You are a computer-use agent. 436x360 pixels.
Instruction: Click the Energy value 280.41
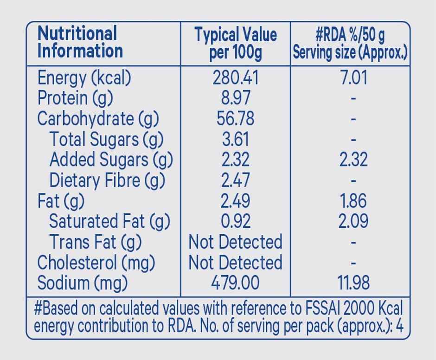click(x=235, y=77)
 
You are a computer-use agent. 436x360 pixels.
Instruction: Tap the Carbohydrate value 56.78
click(x=235, y=119)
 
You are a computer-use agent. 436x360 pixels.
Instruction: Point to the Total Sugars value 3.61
click(x=235, y=139)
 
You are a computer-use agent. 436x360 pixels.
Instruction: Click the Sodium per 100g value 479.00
click(x=235, y=283)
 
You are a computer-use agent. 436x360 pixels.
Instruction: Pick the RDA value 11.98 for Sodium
click(x=353, y=283)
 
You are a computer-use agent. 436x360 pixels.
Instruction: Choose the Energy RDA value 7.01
click(x=353, y=77)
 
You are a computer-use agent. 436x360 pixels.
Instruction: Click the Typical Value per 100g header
click(x=235, y=44)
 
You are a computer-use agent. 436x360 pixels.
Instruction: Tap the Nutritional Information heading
click(x=80, y=42)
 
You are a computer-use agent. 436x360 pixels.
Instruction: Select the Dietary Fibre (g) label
click(x=107, y=180)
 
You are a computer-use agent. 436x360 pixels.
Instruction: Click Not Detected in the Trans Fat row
click(x=235, y=242)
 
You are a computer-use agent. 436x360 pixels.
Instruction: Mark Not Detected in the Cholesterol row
click(x=235, y=262)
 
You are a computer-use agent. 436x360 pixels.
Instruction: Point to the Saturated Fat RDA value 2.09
click(x=353, y=221)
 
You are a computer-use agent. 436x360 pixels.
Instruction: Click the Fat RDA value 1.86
click(x=353, y=200)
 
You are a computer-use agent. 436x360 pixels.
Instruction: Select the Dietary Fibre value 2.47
click(x=235, y=180)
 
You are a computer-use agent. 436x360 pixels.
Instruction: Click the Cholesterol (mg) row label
click(x=96, y=262)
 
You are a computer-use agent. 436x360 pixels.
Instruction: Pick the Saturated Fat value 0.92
click(x=235, y=221)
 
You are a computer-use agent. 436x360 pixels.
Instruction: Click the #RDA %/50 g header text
click(x=350, y=35)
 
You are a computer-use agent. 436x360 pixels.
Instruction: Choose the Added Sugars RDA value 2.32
click(x=353, y=160)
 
